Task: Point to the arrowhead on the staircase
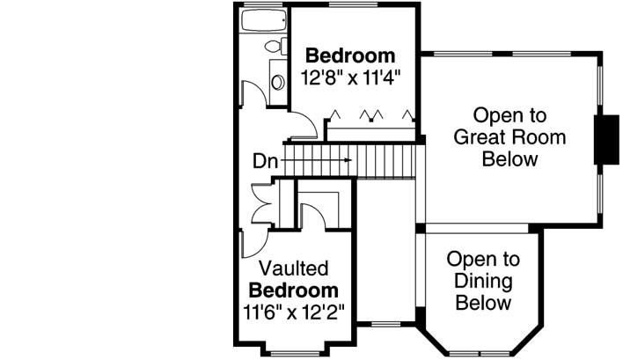349,160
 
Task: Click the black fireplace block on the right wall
606,139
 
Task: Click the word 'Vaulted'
293,268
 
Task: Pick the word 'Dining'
483,282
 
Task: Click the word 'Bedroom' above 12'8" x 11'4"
350,56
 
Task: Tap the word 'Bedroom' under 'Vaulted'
293,290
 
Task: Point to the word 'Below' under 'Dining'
483,304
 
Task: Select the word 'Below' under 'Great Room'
509,159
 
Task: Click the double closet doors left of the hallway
260,204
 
